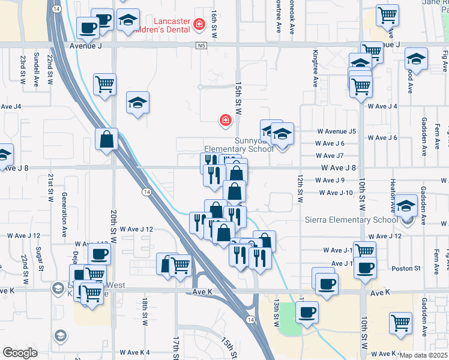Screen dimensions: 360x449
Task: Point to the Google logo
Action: point(20,352)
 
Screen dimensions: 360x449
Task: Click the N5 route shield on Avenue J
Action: point(200,45)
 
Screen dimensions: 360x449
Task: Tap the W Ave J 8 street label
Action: point(338,168)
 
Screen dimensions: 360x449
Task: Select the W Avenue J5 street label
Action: point(336,131)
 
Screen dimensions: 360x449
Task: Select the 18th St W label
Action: point(145,311)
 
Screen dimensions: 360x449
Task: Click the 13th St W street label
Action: point(277,314)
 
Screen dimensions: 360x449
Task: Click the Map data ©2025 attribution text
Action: point(424,355)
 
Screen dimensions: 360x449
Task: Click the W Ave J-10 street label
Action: point(336,193)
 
